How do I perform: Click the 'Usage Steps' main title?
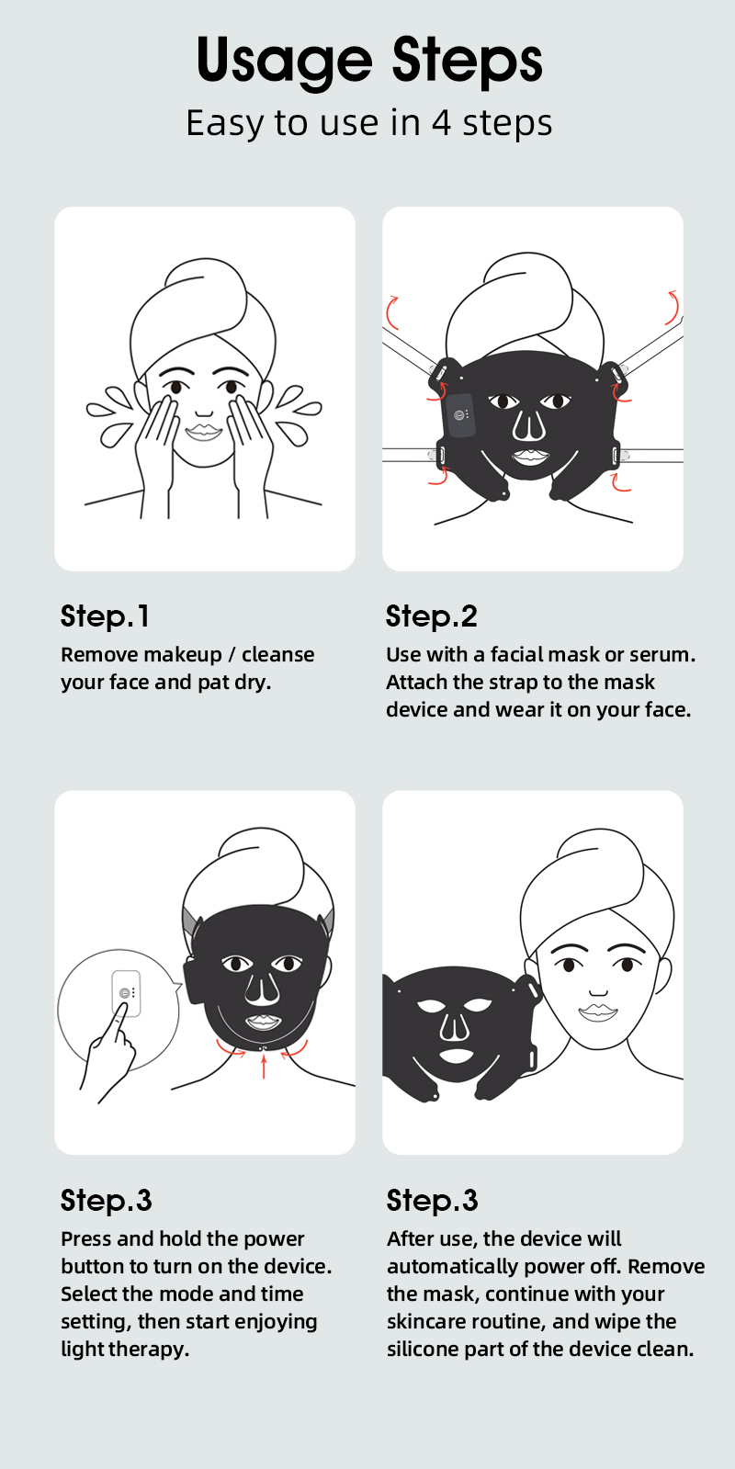click(369, 61)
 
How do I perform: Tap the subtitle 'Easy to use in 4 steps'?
click(369, 123)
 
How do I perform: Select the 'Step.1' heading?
click(105, 616)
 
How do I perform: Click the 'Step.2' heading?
click(432, 616)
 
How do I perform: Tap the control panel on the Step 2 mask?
click(459, 415)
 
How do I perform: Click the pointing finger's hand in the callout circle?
click(107, 1053)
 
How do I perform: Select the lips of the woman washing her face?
click(204, 432)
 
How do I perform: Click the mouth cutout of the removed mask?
click(456, 1056)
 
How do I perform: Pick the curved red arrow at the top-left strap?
click(390, 312)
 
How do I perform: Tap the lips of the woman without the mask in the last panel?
click(598, 1012)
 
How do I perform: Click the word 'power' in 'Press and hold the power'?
click(274, 1239)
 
